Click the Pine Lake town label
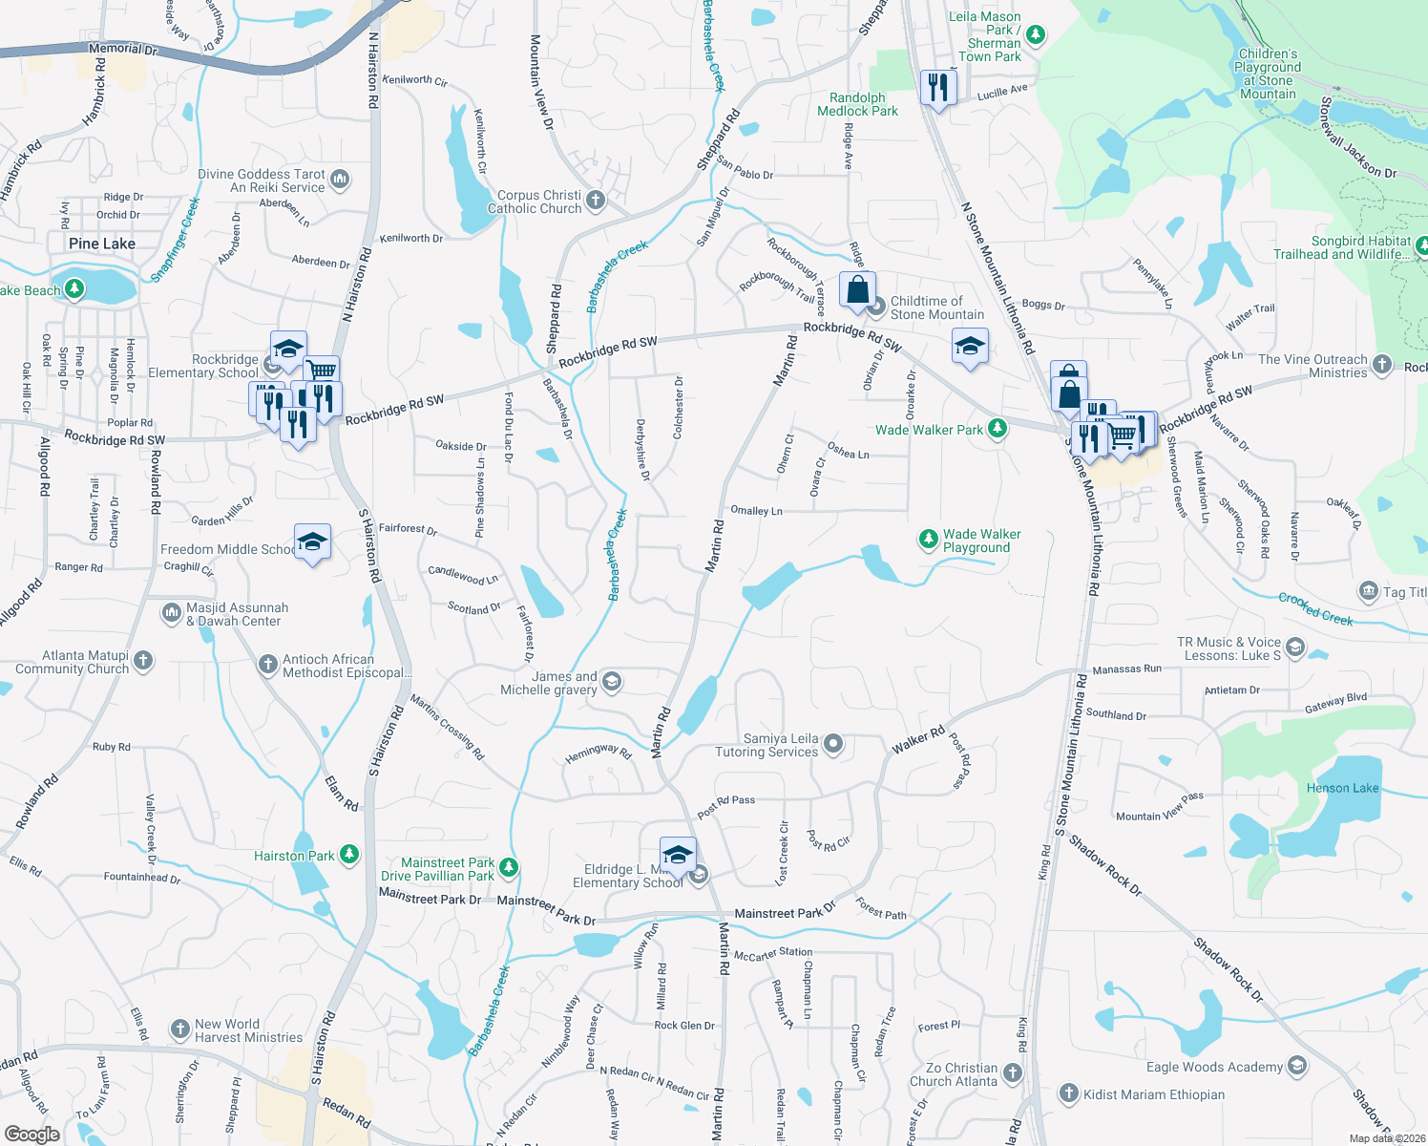(x=102, y=244)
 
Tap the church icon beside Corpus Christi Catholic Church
(x=596, y=201)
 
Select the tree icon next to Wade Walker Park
(x=997, y=429)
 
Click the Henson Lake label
(x=1342, y=788)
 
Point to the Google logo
(x=31, y=1134)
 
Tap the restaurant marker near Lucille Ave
(x=938, y=88)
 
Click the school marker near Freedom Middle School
(x=312, y=542)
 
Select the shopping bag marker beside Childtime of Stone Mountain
(x=857, y=288)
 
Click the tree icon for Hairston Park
(x=349, y=855)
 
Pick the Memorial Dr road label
(x=122, y=49)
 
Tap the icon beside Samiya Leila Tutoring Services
(x=833, y=744)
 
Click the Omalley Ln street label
(x=756, y=511)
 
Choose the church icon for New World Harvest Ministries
(x=179, y=1029)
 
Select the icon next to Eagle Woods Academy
(x=1296, y=1066)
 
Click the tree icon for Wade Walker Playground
(x=928, y=540)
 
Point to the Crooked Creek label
(x=1315, y=609)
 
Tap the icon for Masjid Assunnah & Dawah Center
(x=172, y=612)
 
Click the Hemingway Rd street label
(x=598, y=753)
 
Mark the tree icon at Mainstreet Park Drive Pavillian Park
(x=509, y=868)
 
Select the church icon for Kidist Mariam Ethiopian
(x=1068, y=1093)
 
